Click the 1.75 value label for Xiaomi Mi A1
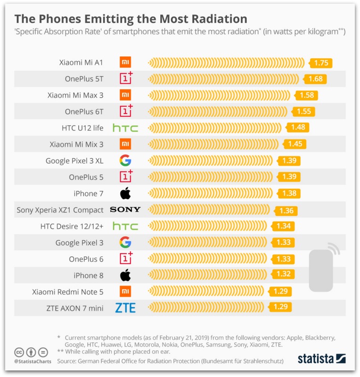[321, 63]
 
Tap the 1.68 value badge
[315, 79]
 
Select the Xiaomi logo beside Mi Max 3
[125, 95]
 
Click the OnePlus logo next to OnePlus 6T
[126, 111]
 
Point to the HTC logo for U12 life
[125, 128]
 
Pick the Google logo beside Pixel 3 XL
[125, 160]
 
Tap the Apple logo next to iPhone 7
[125, 193]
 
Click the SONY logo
[125, 210]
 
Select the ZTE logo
[125, 308]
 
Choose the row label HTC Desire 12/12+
[72, 226]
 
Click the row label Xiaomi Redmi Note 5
[68, 292]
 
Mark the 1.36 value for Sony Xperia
[286, 210]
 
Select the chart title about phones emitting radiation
[131, 19]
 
